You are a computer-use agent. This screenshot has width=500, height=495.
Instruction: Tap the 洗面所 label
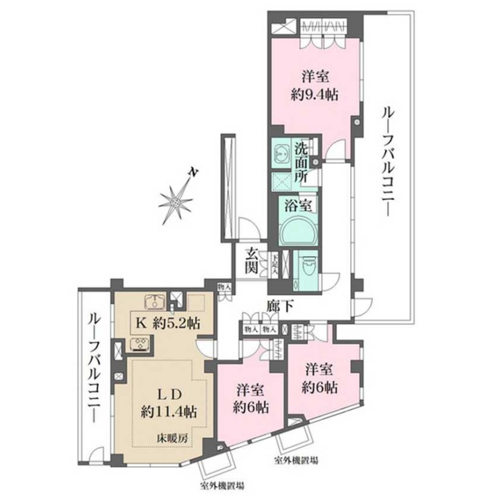tap(301, 162)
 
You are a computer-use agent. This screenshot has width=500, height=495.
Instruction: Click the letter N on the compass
tap(191, 173)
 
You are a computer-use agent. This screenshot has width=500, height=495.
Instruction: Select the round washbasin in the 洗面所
tap(281, 153)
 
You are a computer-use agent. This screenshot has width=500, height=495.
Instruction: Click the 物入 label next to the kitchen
tap(223, 289)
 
